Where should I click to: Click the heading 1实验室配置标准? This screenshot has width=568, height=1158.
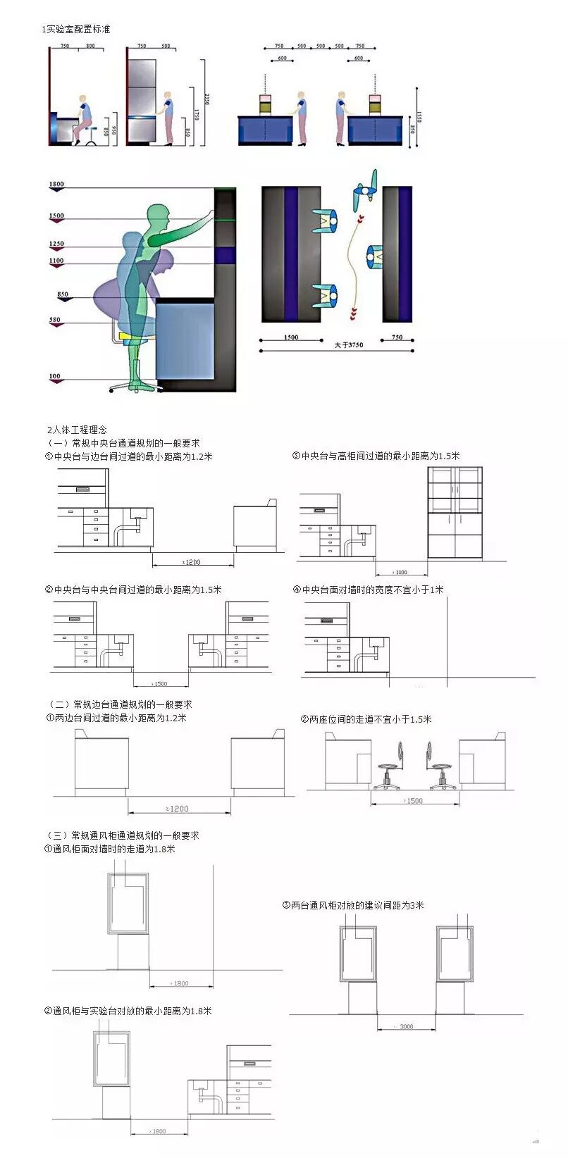pyautogui.click(x=76, y=29)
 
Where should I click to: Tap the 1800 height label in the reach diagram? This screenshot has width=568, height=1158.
pyautogui.click(x=56, y=184)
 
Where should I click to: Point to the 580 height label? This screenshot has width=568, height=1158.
pyautogui.click(x=55, y=320)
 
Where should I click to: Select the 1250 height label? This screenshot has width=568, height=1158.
pyautogui.click(x=56, y=244)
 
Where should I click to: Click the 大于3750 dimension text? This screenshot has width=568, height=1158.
pyautogui.click(x=349, y=344)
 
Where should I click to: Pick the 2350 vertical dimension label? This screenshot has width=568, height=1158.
pyautogui.click(x=206, y=99)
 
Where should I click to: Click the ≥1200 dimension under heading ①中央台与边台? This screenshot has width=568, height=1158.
pyautogui.click(x=191, y=561)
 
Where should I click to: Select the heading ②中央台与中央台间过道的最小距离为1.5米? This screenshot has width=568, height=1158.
pyautogui.click(x=133, y=590)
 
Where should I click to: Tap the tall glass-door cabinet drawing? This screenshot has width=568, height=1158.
pyautogui.click(x=455, y=512)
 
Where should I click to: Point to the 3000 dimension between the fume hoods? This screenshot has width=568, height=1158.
pyautogui.click(x=405, y=1026)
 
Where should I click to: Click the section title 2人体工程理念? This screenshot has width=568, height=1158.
pyautogui.click(x=77, y=429)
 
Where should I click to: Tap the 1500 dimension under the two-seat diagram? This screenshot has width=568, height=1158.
pyautogui.click(x=414, y=800)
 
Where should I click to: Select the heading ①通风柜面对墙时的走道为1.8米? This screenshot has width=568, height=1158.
pyautogui.click(x=110, y=849)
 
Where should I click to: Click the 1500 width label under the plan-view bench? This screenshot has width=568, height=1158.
pyautogui.click(x=290, y=337)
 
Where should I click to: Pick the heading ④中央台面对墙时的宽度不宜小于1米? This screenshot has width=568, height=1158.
pyautogui.click(x=368, y=590)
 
